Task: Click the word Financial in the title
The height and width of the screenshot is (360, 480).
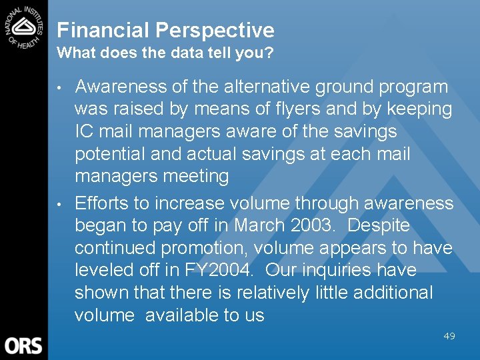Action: [103, 30]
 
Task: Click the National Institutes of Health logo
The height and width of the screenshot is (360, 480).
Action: [24, 25]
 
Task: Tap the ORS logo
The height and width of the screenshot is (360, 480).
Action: [23, 345]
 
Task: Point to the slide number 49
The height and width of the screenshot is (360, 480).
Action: [449, 336]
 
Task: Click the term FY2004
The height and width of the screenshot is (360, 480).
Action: [215, 270]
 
